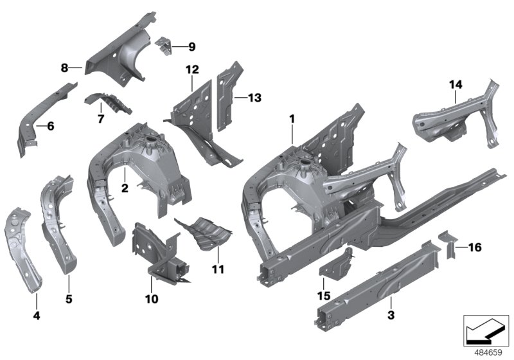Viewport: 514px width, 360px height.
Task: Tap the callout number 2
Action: click(125, 188)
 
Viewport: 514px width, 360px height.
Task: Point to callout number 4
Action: click(37, 316)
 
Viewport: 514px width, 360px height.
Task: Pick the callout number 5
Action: click(67, 298)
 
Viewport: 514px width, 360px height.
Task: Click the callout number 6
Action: click(50, 126)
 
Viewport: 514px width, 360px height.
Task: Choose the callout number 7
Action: click(100, 120)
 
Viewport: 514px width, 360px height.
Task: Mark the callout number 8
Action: click(64, 67)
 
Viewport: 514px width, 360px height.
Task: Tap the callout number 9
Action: click(191, 46)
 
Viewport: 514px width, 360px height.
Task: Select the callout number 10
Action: click(151, 299)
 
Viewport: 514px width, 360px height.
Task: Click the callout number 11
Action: click(218, 269)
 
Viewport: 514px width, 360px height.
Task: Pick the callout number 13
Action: click(255, 98)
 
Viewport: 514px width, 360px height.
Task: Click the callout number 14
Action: click(456, 84)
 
